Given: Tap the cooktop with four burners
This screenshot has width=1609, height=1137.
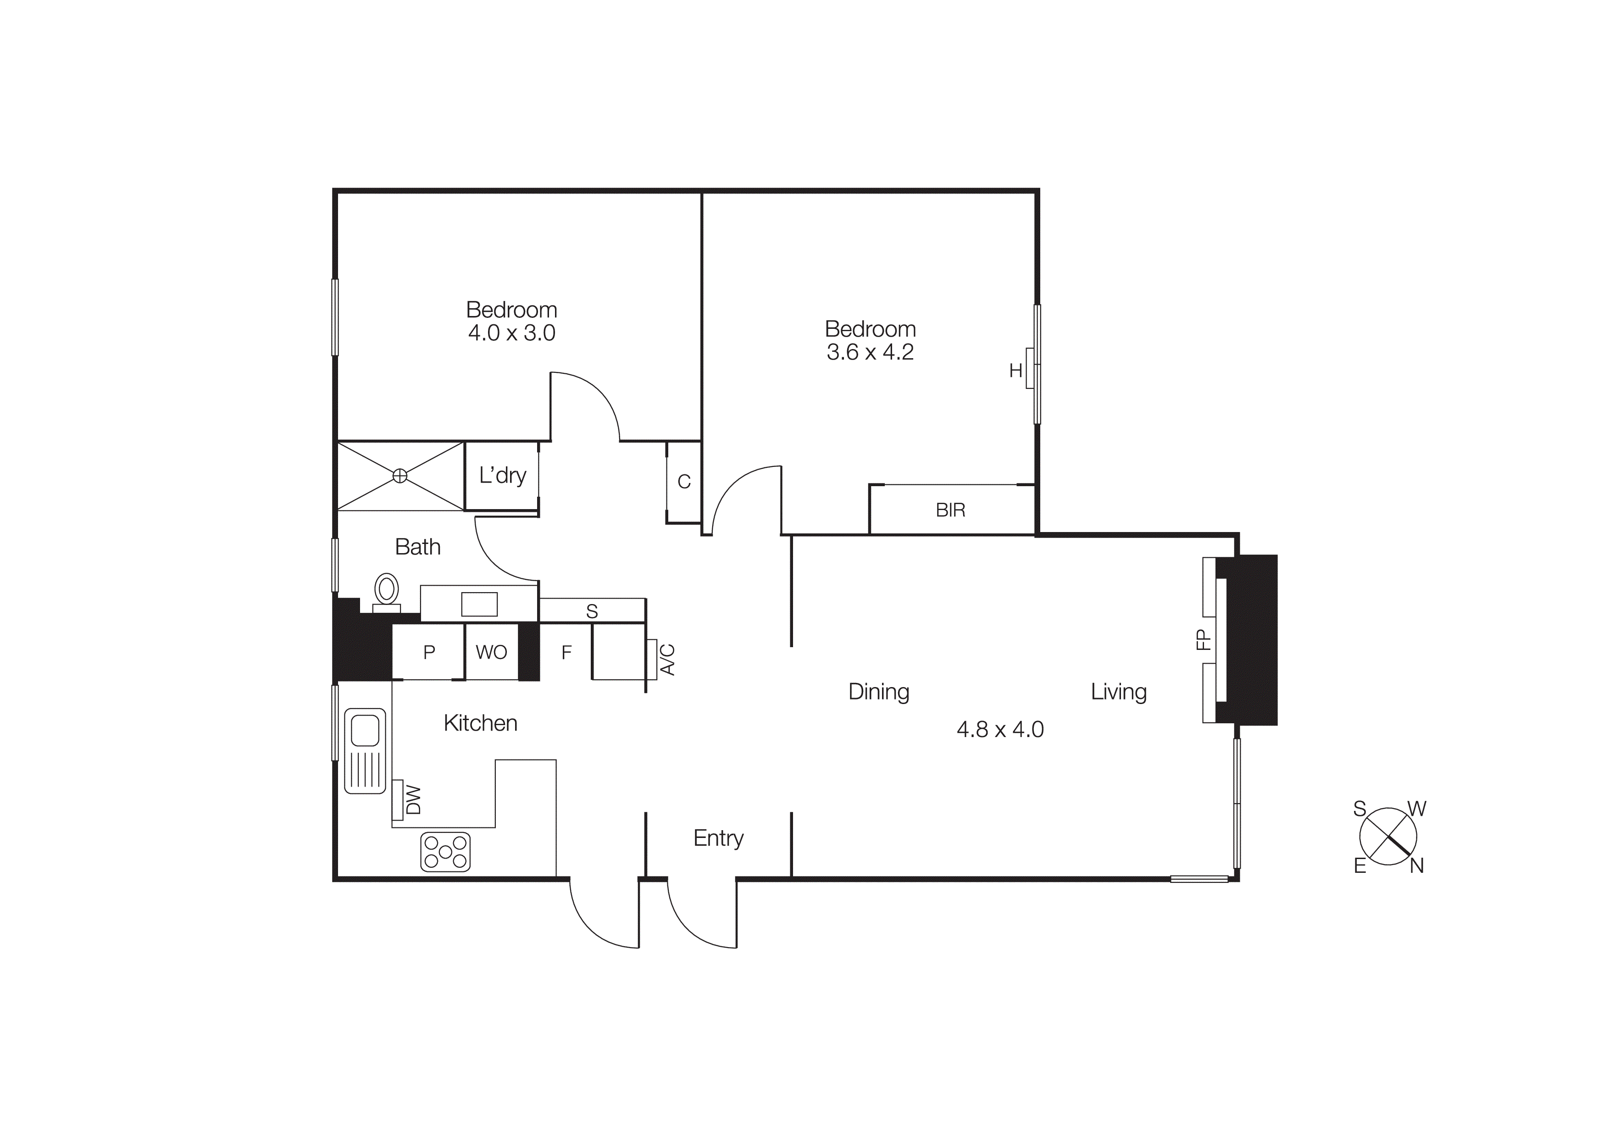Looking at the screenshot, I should (x=445, y=852).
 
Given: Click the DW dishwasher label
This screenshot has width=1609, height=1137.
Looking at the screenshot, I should (x=413, y=800).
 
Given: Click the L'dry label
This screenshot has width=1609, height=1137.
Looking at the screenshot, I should (x=502, y=476).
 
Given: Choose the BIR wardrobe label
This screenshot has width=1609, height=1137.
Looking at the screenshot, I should (x=950, y=510).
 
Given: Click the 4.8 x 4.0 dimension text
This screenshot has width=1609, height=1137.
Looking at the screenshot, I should (x=1000, y=730).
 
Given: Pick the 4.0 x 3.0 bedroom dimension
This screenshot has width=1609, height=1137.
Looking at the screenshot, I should (x=511, y=333).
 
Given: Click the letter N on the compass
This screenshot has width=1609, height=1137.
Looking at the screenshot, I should (x=1417, y=866).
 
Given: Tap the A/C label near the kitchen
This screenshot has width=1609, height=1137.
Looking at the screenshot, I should (x=668, y=659).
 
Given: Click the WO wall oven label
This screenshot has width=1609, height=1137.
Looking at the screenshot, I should (x=491, y=652).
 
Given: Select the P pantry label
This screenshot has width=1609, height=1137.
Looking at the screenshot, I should (x=429, y=652).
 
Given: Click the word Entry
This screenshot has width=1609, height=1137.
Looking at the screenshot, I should (x=718, y=838).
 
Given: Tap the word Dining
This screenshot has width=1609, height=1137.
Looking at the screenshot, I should (x=879, y=692).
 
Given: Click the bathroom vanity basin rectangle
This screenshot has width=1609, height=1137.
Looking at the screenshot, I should (x=479, y=604).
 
